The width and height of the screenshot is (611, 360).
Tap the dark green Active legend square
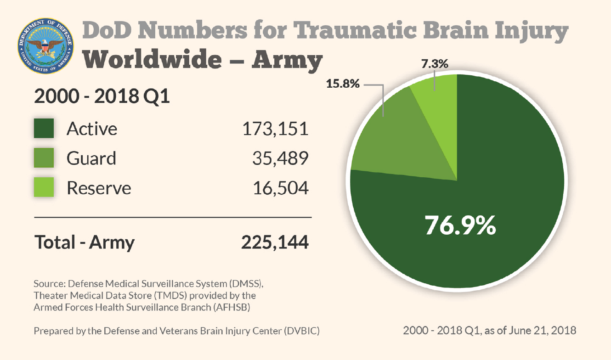[44, 129]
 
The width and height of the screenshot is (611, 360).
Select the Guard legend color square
[44, 158]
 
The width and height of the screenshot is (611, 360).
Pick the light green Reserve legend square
[44, 187]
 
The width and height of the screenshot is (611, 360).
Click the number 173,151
[275, 129]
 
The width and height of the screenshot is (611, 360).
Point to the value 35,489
[280, 158]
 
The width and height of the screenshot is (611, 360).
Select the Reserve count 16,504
[280, 188]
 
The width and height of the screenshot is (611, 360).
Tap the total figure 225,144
[275, 242]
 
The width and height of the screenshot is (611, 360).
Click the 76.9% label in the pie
[460, 225]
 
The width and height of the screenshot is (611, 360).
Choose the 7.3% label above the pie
[435, 64]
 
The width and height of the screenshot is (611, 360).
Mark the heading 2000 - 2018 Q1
[102, 97]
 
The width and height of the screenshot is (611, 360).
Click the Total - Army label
[85, 242]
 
